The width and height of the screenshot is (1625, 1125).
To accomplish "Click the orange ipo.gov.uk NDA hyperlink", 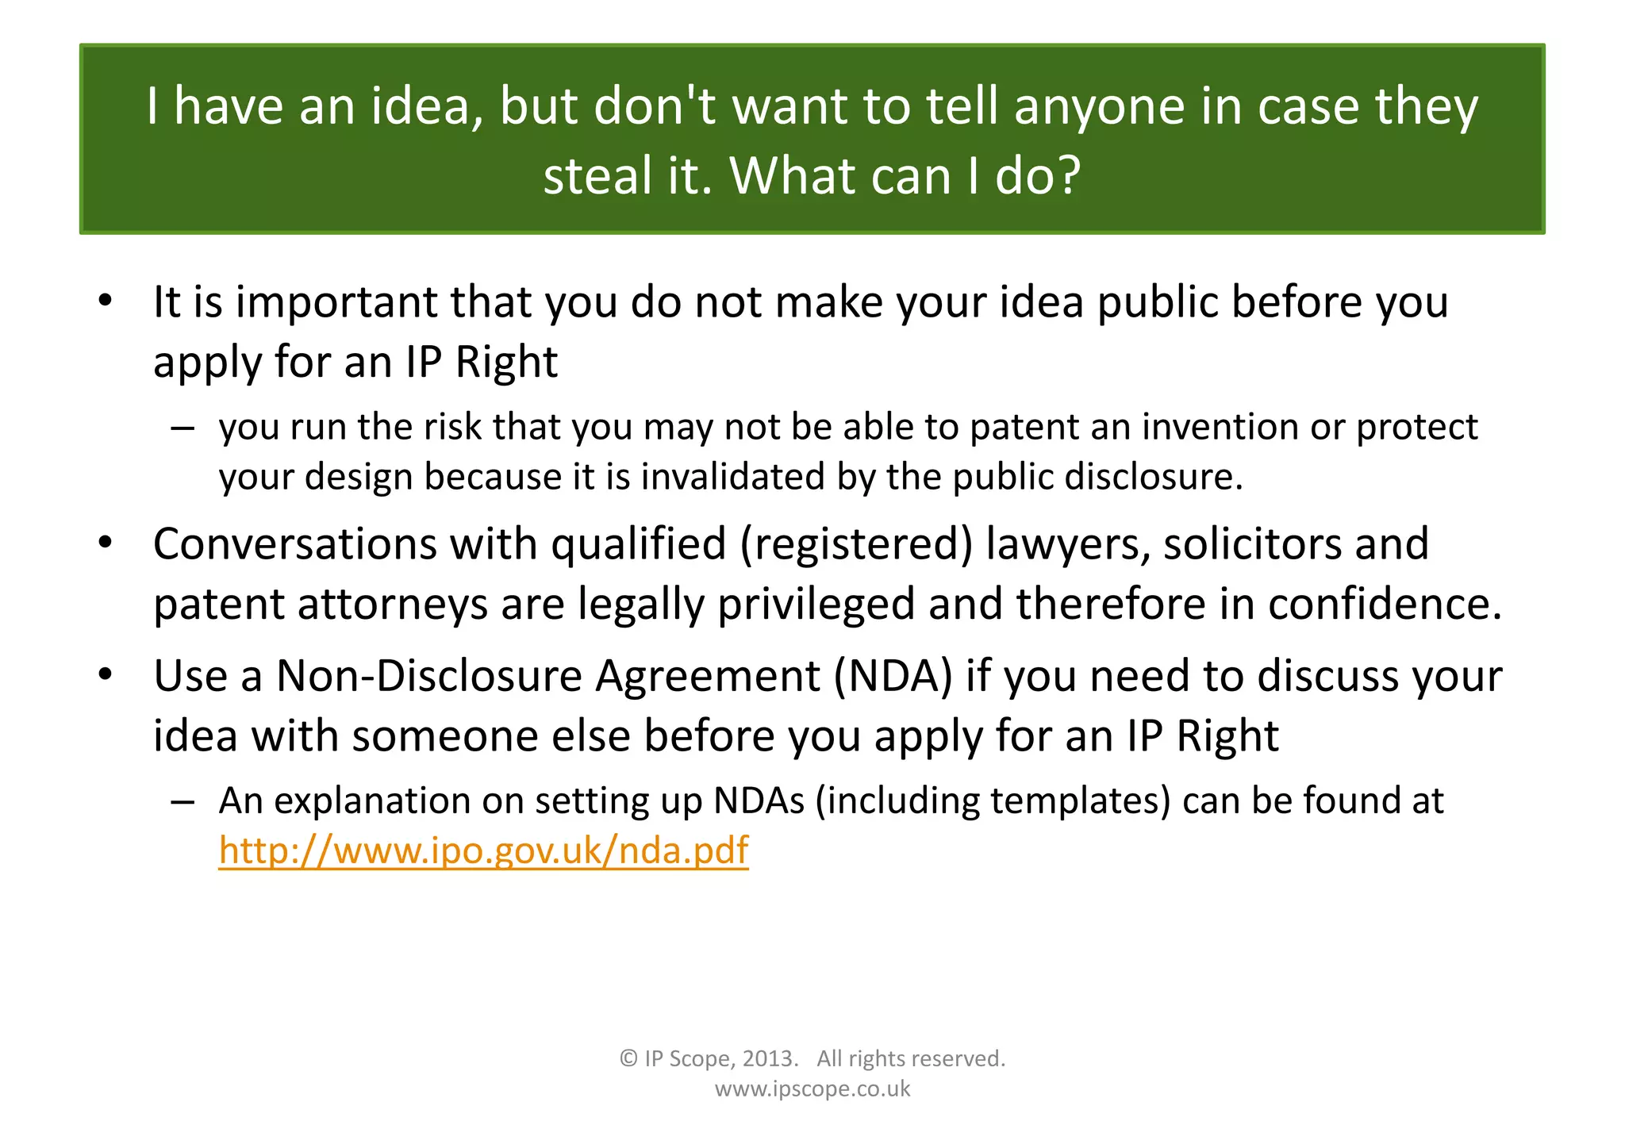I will [483, 850].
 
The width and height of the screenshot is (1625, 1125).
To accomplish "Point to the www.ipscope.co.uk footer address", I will [812, 1089].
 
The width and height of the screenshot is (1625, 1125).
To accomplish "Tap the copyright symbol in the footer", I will [628, 1058].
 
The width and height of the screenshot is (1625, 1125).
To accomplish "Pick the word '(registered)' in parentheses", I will [856, 544].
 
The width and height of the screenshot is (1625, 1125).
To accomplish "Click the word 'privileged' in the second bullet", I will [816, 605].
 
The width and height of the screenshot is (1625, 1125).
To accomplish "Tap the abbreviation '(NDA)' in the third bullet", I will [893, 677].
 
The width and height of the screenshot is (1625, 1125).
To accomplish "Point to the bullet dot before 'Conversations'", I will [106, 543].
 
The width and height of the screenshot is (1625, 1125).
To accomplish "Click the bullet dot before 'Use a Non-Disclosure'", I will [106, 675].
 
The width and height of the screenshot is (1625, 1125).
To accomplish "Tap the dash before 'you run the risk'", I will [182, 428].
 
